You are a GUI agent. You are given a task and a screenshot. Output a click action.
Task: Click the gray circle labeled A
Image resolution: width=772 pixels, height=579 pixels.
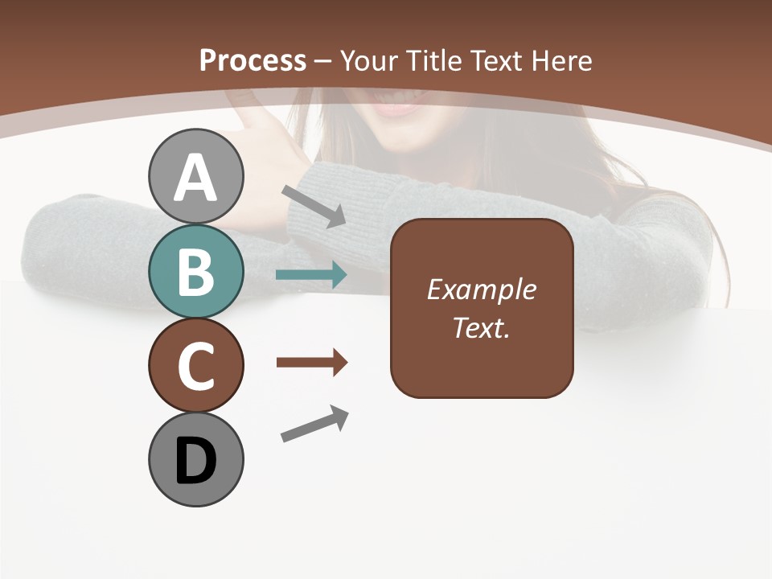(x=195, y=176)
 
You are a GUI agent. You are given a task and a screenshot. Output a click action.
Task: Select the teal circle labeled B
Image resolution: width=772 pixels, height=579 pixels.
(x=195, y=271)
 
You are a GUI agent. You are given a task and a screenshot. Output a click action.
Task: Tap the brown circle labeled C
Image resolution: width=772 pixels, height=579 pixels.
(x=195, y=365)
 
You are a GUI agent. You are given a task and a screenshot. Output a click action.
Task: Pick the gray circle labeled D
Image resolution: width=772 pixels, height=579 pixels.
(x=195, y=459)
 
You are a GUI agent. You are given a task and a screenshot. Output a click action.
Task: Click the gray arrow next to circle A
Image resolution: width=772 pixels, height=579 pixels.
(x=314, y=205)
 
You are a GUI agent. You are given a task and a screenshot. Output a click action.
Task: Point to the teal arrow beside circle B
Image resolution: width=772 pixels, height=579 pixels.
(x=311, y=275)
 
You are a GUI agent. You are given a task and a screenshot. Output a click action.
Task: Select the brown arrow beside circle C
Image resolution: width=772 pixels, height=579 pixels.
(x=311, y=363)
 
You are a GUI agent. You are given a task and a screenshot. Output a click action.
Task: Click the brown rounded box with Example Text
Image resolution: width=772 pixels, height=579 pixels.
(x=482, y=308)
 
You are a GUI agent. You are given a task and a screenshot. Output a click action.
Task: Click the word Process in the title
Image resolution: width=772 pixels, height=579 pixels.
(x=253, y=60)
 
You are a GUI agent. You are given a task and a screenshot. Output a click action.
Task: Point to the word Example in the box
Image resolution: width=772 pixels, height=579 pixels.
(x=482, y=289)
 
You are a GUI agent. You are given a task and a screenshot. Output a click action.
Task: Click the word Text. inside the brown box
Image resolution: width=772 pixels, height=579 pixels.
(x=482, y=327)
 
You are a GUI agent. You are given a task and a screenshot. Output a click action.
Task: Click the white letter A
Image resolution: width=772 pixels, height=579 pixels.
(x=195, y=178)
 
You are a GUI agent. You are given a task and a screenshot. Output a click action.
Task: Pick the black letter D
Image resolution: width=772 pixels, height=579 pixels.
(x=195, y=461)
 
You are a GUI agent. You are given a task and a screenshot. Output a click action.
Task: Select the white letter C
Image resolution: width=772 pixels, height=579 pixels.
(x=195, y=366)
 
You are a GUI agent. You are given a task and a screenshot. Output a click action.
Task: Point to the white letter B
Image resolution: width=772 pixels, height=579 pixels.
(x=195, y=272)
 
